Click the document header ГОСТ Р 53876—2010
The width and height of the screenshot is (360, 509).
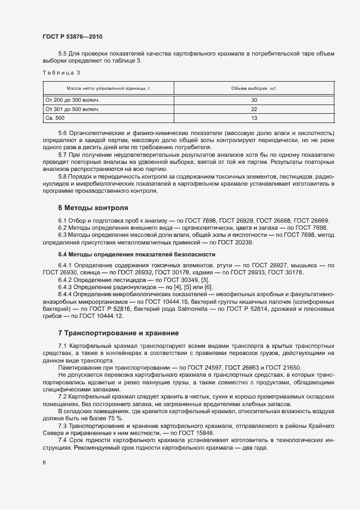point(72,36)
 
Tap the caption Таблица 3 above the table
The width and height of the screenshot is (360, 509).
point(61,72)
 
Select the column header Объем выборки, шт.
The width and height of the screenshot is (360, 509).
point(254,88)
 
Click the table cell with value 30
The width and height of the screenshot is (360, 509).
point(254,100)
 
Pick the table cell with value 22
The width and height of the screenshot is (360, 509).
point(254,109)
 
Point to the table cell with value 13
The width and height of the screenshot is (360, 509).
point(254,118)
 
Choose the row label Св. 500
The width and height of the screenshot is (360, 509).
point(54,118)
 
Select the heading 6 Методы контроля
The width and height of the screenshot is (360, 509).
point(93,207)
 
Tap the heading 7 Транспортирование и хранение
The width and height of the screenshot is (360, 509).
point(118,332)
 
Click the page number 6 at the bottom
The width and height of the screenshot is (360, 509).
point(44,463)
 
